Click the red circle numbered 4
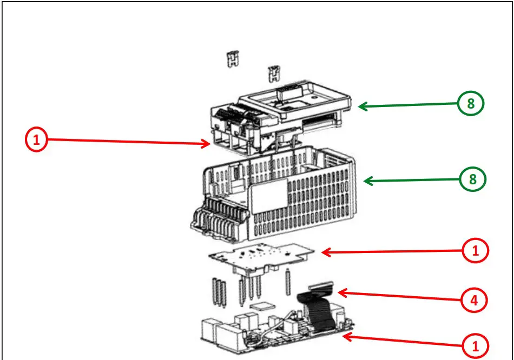pyautogui.click(x=473, y=299)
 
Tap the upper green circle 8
pyautogui.click(x=471, y=104)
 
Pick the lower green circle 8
pyautogui.click(x=473, y=179)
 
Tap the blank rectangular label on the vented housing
pyautogui.click(x=268, y=192)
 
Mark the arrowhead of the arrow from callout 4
pyautogui.click(x=339, y=293)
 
